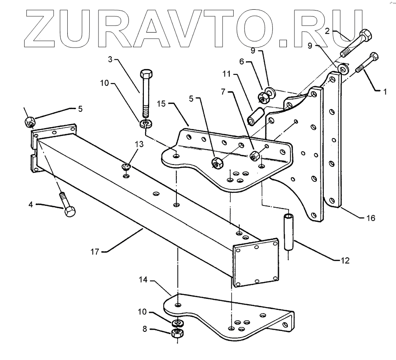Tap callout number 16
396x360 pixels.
pyautogui.click(x=370, y=217)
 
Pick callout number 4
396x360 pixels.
pyautogui.click(x=33, y=204)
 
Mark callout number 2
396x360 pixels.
pyautogui.click(x=327, y=31)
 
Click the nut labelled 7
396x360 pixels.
pyautogui.click(x=254, y=156)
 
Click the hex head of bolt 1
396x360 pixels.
pyautogui.click(x=374, y=57)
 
